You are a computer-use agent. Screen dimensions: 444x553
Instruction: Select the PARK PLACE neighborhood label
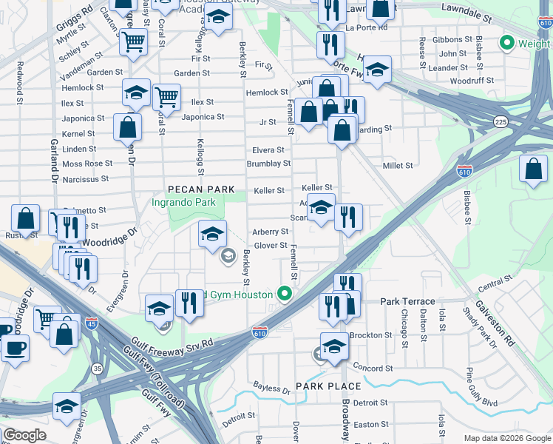(x=328, y=386)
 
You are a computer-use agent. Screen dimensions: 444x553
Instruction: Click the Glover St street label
(x=271, y=246)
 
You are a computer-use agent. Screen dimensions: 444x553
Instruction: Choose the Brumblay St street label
(x=268, y=164)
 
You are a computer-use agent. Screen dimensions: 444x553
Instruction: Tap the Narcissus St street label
(x=85, y=178)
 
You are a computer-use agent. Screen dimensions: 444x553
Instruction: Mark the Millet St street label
(x=398, y=166)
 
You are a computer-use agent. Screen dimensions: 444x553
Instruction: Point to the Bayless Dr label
(x=271, y=388)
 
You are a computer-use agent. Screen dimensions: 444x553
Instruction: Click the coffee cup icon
(x=14, y=347)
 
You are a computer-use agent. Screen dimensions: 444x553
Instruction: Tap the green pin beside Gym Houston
(x=283, y=295)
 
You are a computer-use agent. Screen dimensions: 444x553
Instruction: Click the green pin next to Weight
(x=507, y=44)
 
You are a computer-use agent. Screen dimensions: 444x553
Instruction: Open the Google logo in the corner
(x=24, y=435)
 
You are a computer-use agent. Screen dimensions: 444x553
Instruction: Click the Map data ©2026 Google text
(x=506, y=438)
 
